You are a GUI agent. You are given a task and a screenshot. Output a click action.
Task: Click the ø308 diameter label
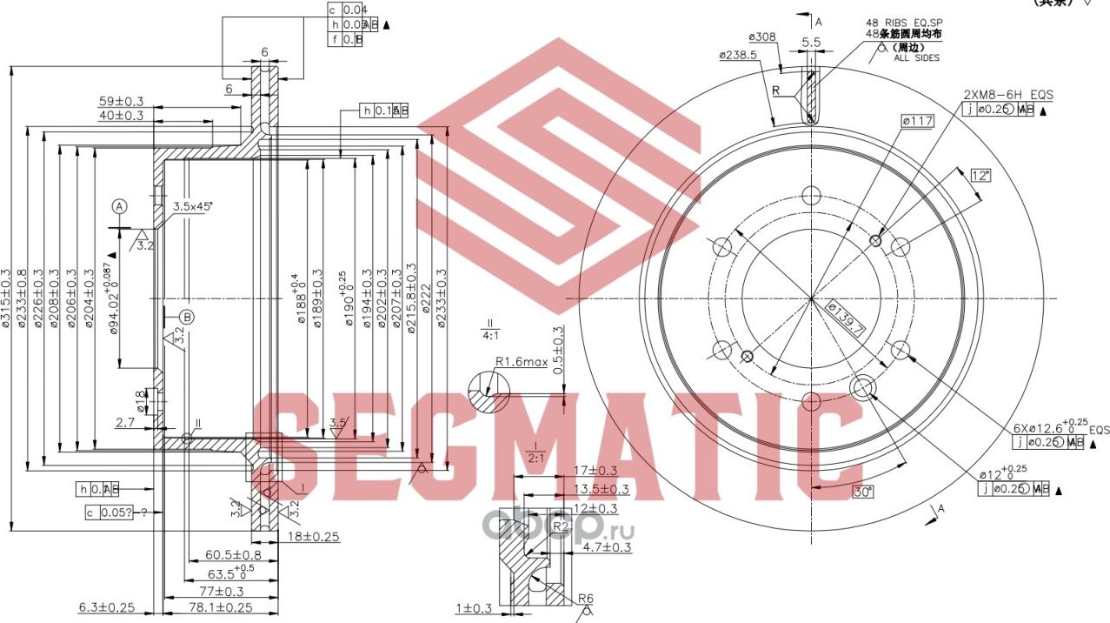(x=762, y=37)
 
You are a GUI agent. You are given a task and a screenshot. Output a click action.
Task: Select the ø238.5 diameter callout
(x=738, y=54)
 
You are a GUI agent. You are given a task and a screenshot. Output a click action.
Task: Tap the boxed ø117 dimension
(x=917, y=122)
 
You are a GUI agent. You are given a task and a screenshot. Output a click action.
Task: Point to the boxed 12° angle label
(x=980, y=175)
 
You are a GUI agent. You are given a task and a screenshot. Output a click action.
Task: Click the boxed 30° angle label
(x=862, y=492)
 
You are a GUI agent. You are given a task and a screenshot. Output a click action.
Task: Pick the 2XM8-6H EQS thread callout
(x=1007, y=94)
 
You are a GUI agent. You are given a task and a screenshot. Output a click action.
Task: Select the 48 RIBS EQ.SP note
(x=904, y=22)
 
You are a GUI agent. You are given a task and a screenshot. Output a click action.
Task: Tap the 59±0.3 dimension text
(x=121, y=101)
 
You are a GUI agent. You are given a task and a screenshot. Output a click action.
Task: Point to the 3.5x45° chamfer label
(x=192, y=206)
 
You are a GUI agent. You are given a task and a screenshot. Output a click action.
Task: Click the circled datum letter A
(x=120, y=206)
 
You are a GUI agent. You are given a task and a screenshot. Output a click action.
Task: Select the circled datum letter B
(x=188, y=317)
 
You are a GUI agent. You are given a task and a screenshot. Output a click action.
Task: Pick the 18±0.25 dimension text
(x=313, y=536)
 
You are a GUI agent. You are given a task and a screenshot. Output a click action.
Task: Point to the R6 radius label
(x=586, y=599)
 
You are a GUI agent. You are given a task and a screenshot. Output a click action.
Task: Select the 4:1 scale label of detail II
(x=489, y=333)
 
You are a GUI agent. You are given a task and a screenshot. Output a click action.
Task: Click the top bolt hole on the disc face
(x=811, y=194)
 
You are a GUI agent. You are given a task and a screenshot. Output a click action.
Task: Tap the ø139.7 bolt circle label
(x=844, y=318)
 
